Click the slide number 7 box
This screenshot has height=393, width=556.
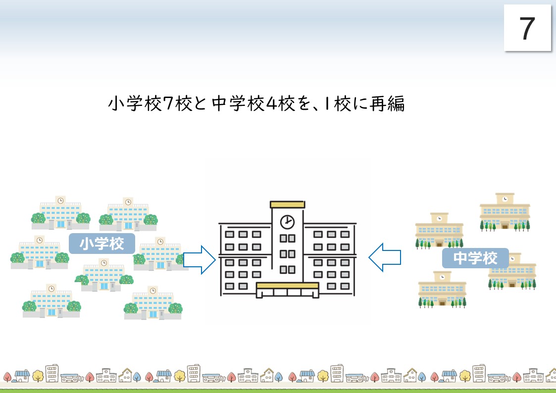pos(527,28)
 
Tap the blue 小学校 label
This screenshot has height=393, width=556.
pos(102,244)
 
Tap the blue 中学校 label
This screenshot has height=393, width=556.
pos(475,258)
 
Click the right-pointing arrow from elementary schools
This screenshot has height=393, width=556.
pos(200,260)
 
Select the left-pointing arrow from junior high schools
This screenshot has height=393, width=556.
pos(385,257)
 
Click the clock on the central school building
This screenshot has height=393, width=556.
pos(287,222)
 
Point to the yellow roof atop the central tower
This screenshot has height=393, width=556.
pos(287,204)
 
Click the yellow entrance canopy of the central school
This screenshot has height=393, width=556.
pos(287,286)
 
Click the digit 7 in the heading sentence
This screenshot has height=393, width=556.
pos(168,103)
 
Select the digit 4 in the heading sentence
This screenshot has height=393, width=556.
pos(271,103)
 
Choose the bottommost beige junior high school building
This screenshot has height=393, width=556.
pos(442,290)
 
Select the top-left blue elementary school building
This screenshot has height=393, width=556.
pos(60,213)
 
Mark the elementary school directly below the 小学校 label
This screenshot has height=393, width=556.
pos(104,275)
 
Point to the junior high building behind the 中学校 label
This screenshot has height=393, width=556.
pos(512,271)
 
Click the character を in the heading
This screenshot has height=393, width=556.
pos(303,103)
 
